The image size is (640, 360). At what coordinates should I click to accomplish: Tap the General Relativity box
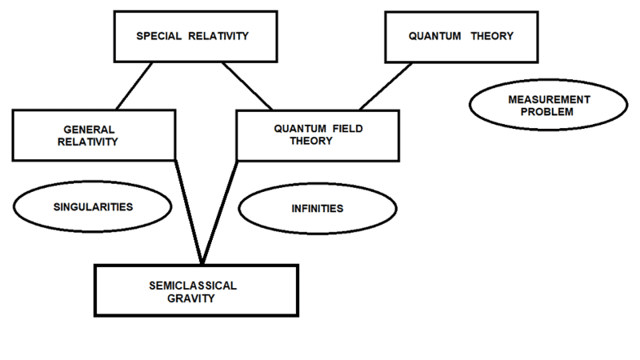(94, 134)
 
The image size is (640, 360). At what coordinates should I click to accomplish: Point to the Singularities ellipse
(93, 206)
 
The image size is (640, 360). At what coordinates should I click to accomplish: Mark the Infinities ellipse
(317, 209)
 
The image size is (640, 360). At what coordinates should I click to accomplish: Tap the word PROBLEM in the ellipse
(533, 113)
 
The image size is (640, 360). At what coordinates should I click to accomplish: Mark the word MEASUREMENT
(533, 100)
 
